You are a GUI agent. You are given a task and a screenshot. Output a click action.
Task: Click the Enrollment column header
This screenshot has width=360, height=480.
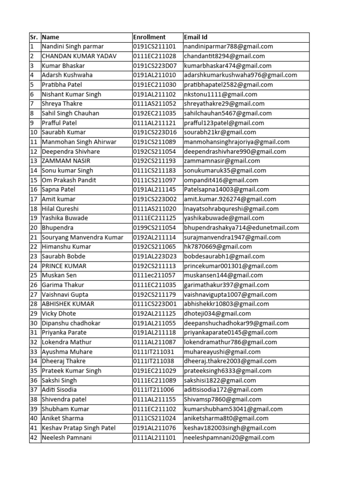(150, 37)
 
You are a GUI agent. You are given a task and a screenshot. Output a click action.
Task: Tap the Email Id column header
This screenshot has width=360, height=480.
(196, 37)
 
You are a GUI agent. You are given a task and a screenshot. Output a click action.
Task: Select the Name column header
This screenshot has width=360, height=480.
(51, 37)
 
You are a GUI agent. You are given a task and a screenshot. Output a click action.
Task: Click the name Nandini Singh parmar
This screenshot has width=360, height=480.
(73, 46)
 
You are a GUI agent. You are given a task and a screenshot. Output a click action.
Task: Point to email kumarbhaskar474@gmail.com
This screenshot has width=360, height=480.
(227, 66)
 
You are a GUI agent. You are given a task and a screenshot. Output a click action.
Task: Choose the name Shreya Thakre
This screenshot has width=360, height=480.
(62, 104)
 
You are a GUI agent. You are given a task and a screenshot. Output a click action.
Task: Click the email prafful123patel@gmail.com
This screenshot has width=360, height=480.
(226, 123)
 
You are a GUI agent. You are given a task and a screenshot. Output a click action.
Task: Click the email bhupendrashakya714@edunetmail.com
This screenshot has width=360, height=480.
(241, 228)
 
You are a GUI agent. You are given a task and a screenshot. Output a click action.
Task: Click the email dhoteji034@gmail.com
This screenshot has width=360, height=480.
(217, 314)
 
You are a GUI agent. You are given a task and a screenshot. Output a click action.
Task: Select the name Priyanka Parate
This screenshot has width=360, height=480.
(64, 332)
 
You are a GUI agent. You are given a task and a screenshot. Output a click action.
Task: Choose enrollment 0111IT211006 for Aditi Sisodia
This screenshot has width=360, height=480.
(153, 390)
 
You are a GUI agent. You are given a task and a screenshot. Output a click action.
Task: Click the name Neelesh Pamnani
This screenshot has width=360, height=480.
(67, 437)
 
